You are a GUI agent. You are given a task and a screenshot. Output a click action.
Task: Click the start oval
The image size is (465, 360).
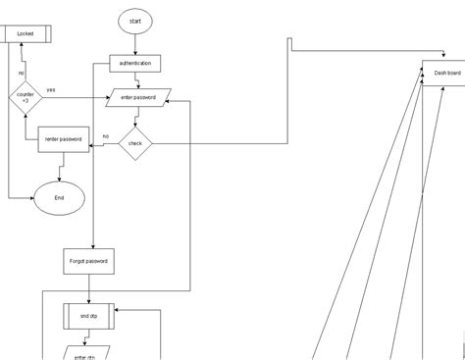[x=135, y=21]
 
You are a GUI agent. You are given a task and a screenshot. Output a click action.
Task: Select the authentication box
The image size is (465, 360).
[x=135, y=64]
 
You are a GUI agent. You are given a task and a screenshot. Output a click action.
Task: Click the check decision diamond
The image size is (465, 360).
[x=135, y=143]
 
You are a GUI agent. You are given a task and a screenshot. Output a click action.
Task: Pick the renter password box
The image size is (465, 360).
[x=64, y=139]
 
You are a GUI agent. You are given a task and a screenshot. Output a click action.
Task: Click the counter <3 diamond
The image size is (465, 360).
[x=25, y=96]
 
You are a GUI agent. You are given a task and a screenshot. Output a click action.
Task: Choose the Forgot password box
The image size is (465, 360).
[x=89, y=263]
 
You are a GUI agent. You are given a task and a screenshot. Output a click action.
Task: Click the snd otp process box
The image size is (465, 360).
[x=89, y=317]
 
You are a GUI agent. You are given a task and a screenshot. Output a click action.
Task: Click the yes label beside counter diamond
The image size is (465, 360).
[x=51, y=89]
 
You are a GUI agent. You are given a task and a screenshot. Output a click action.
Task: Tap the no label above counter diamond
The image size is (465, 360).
[x=21, y=73]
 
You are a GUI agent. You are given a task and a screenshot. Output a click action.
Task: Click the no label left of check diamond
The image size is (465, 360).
[x=105, y=136]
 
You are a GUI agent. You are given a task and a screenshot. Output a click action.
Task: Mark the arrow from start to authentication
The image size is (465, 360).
[x=135, y=44]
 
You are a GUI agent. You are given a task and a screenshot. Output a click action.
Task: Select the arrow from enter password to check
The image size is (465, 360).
[x=135, y=117]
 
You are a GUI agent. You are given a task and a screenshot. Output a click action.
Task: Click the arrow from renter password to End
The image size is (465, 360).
[x=60, y=168]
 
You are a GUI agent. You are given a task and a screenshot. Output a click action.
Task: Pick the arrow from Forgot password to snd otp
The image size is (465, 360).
[x=89, y=289]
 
